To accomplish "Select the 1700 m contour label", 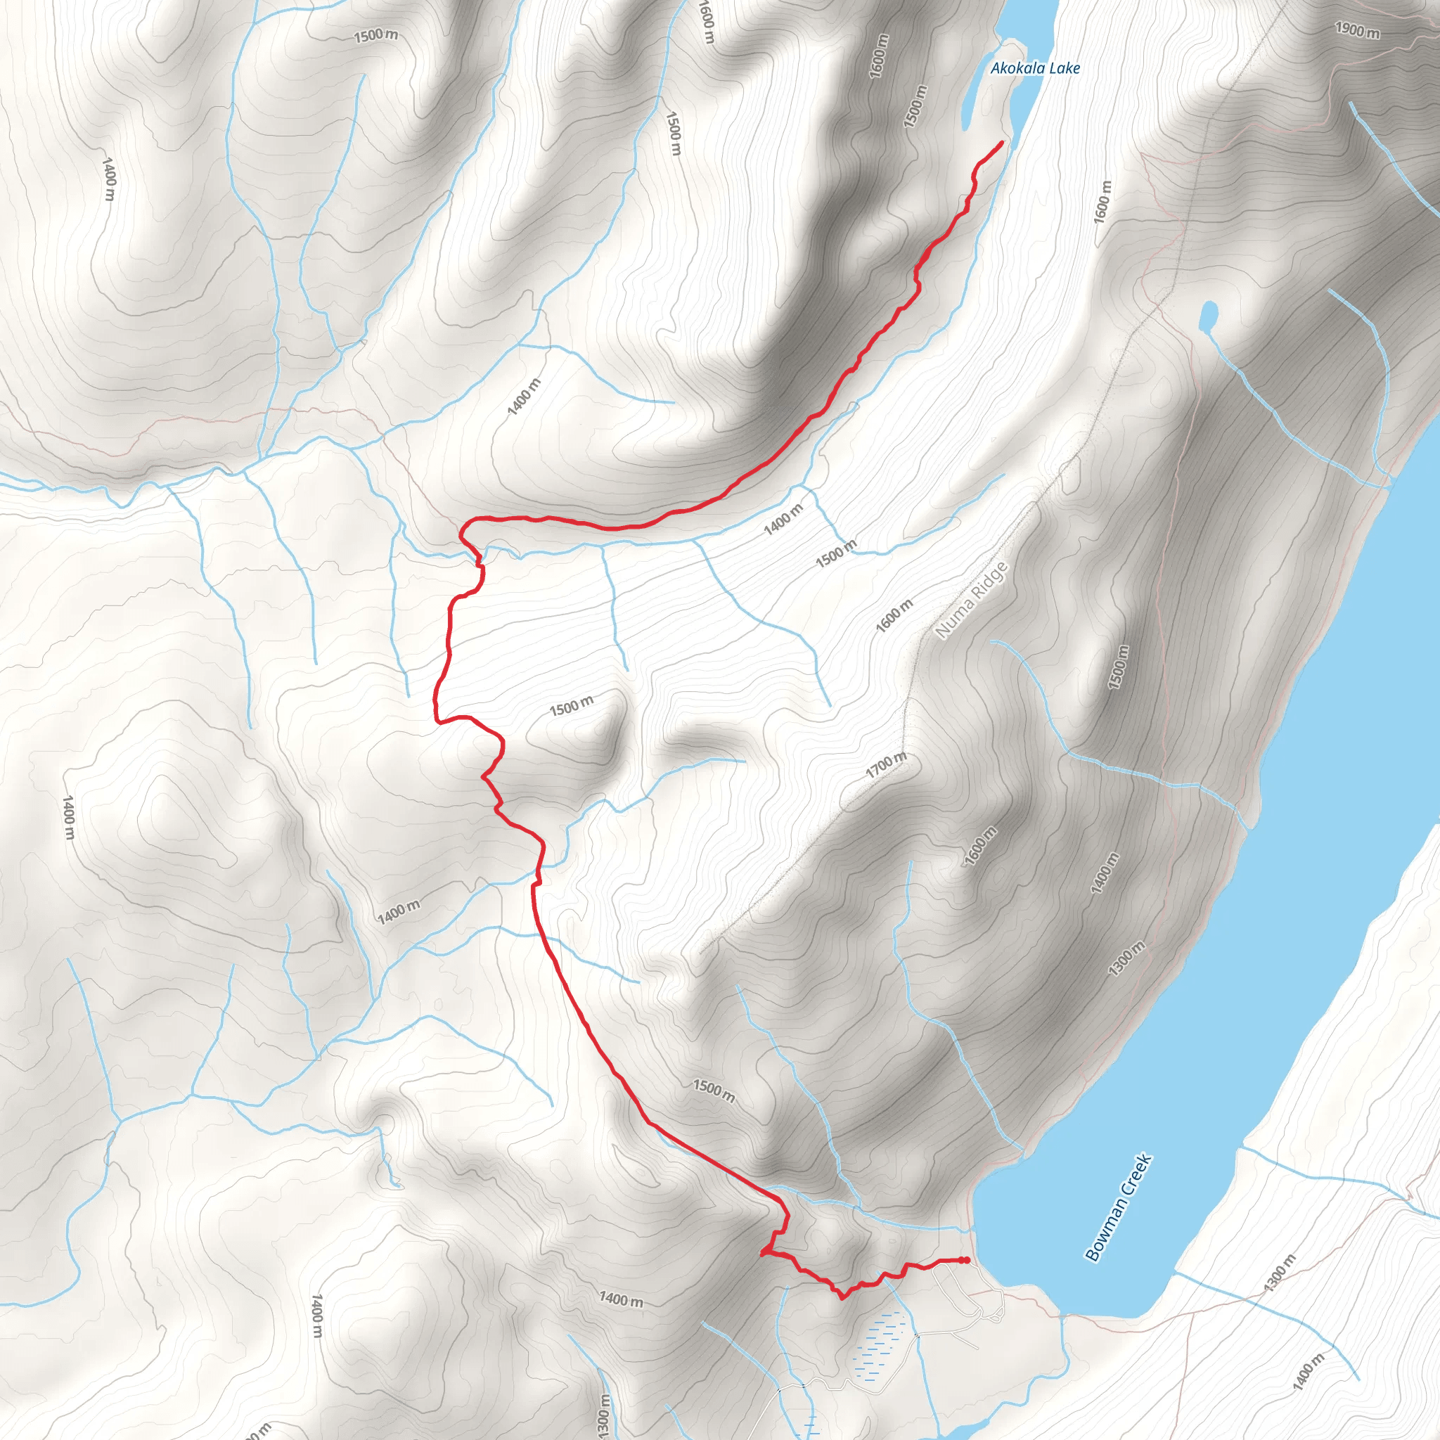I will coord(886,765).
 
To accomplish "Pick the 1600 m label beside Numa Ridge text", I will coord(894,616).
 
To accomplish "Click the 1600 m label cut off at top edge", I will coord(707,21).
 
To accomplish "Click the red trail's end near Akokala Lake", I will coord(1003,141).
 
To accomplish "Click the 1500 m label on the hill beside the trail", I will coord(572,705).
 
